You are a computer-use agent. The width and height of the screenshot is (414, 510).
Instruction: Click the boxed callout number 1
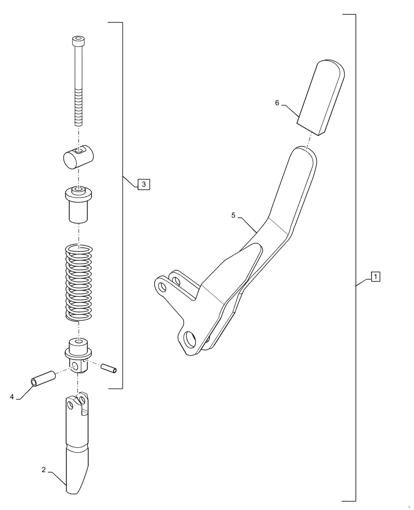(375, 277)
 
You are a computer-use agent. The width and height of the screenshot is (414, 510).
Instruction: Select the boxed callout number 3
(143, 184)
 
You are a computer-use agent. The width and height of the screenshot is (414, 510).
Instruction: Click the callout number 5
(233, 216)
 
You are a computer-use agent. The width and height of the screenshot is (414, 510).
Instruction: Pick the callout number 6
(277, 103)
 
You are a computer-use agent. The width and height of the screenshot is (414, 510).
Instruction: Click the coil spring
(79, 283)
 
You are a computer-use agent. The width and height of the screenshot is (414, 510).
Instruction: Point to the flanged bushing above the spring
(78, 204)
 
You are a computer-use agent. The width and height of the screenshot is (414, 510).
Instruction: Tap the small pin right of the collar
(110, 367)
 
